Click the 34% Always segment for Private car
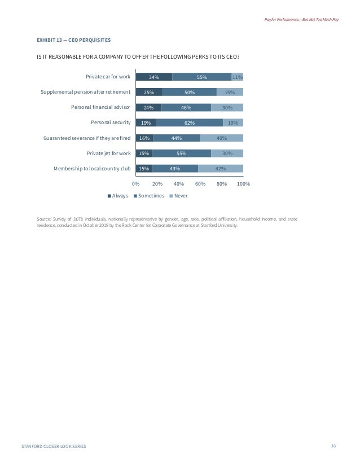(154, 77)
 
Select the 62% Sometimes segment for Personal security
(189, 122)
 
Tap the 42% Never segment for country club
(221, 168)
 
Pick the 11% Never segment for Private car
(237, 77)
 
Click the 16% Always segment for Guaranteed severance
(144, 138)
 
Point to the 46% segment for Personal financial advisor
(186, 107)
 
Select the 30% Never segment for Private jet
(227, 153)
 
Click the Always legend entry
(118, 196)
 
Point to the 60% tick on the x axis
(200, 183)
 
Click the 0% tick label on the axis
(135, 183)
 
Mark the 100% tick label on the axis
(243, 183)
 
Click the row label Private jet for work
(109, 153)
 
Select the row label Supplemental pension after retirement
(86, 92)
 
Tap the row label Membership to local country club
(92, 168)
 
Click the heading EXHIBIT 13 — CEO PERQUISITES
(73, 41)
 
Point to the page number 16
(333, 446)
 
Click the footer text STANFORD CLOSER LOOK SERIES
(54, 447)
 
